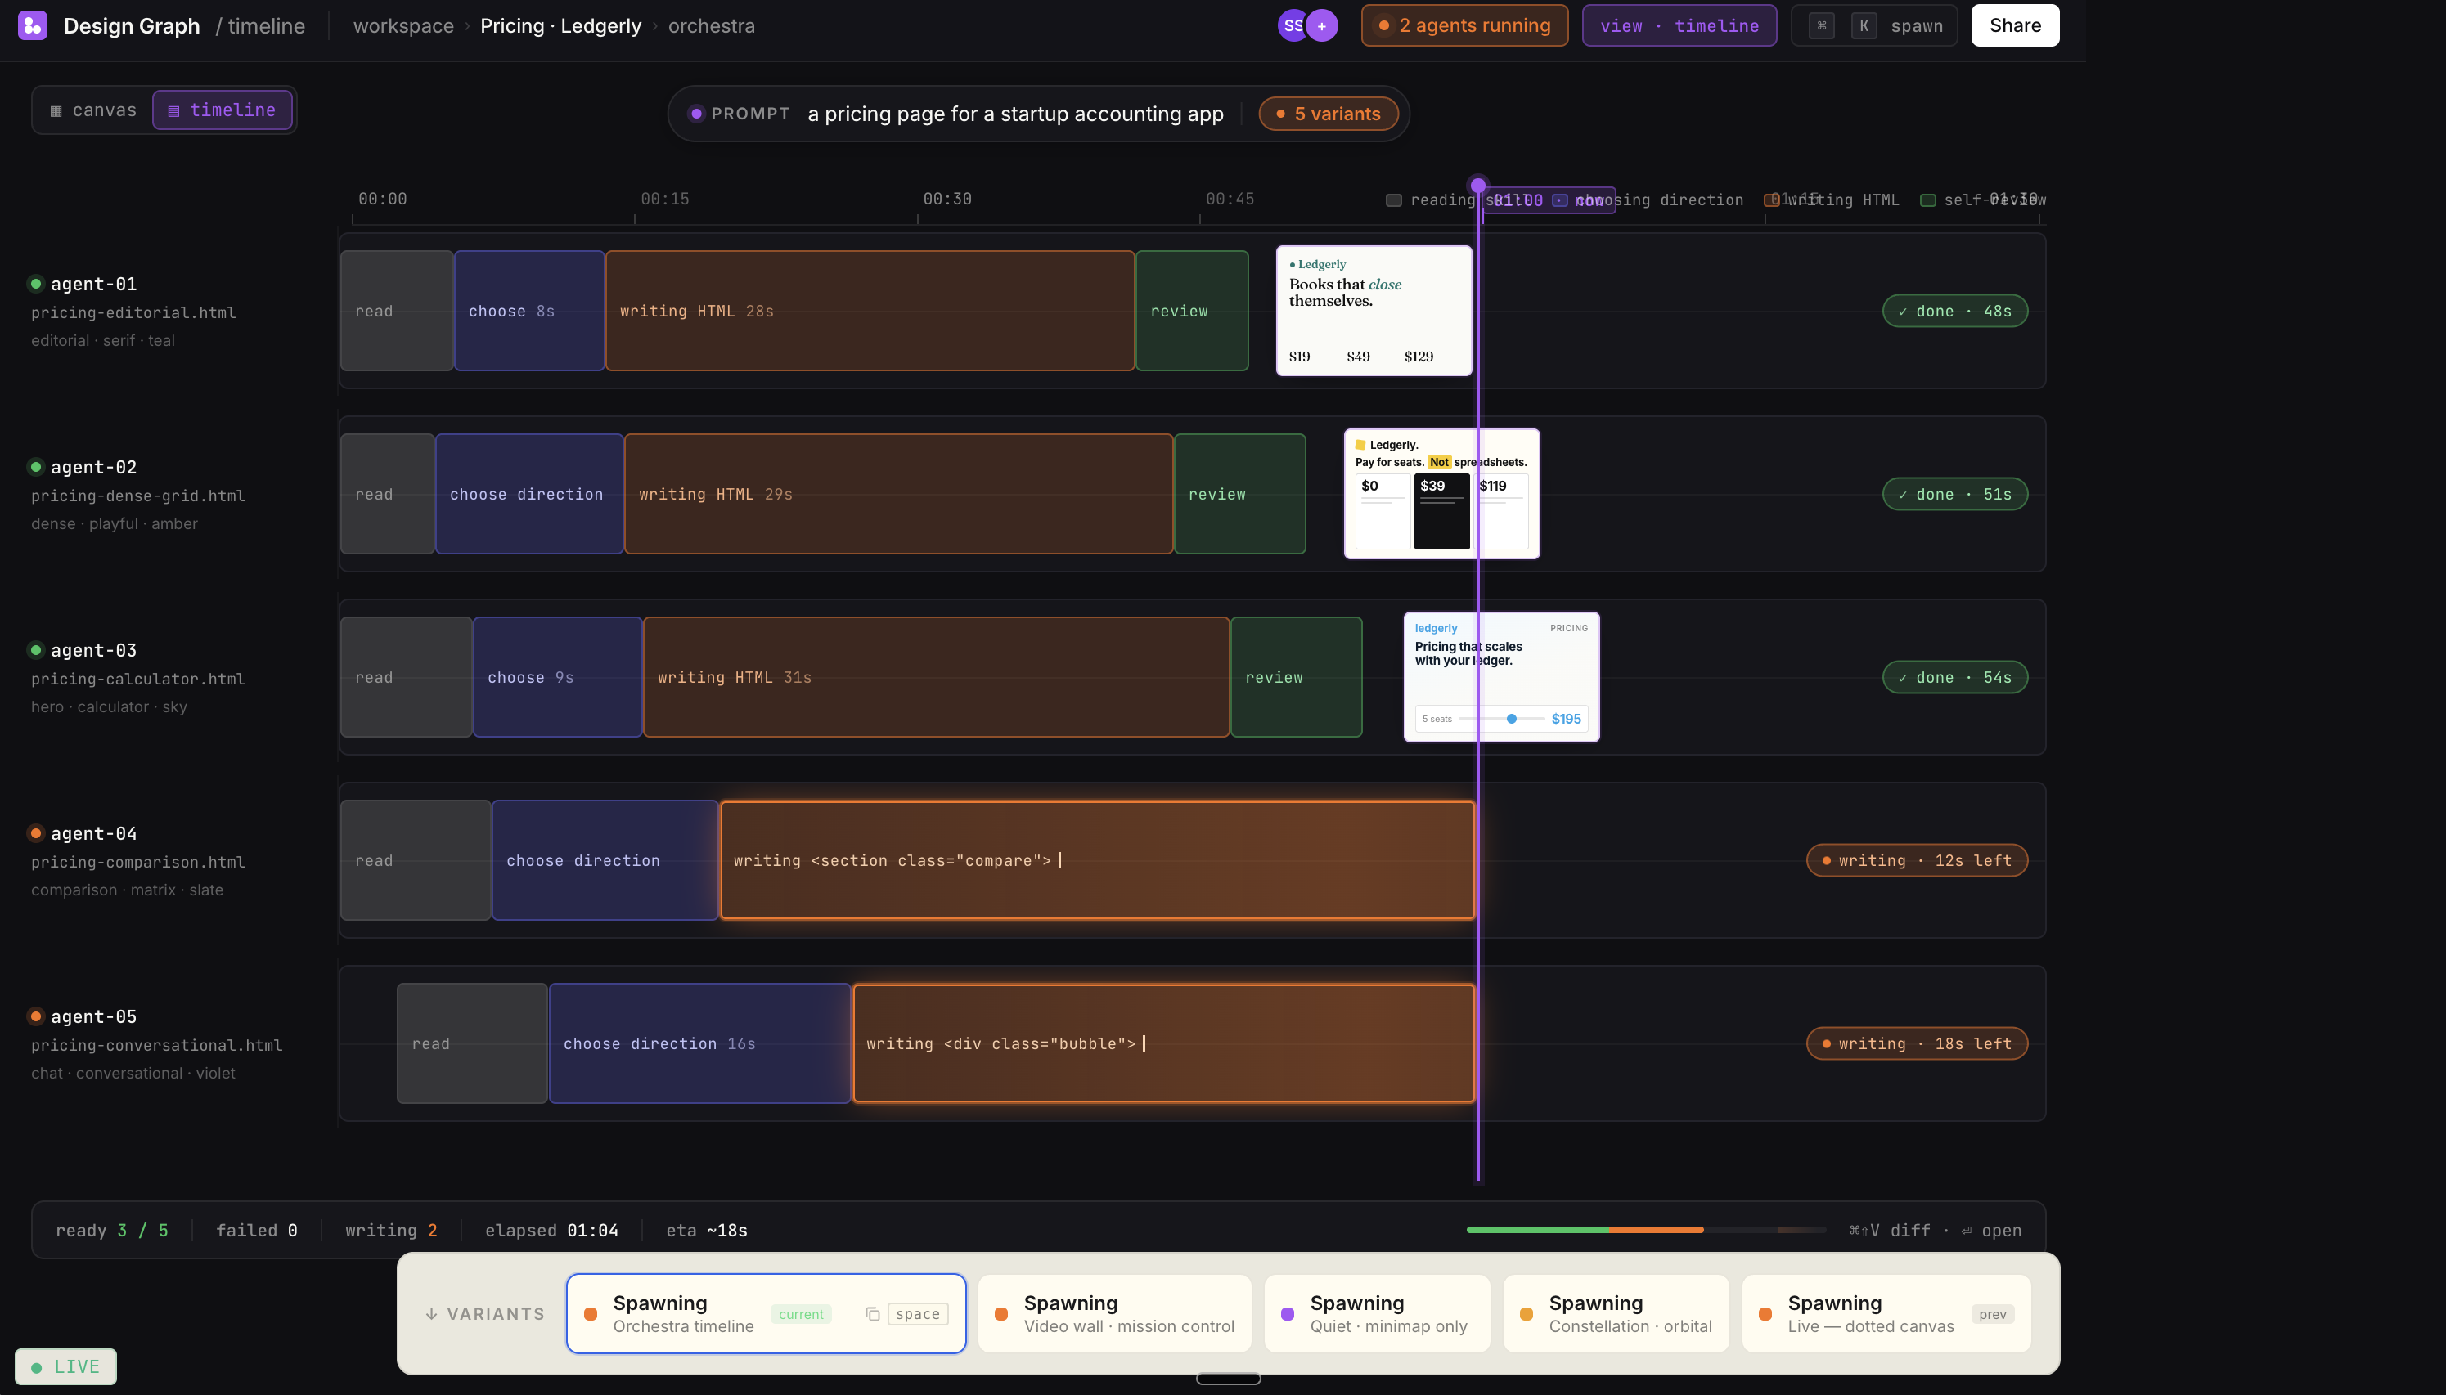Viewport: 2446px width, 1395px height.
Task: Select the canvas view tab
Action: pos(94,110)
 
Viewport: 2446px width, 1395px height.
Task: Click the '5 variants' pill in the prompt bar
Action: pos(1328,114)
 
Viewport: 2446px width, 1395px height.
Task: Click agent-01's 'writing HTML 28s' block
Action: pos(870,312)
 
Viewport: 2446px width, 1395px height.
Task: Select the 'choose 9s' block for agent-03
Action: pos(557,677)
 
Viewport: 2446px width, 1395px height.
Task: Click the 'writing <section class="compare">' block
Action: pos(1096,860)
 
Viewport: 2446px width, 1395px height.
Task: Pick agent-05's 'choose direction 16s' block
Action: pos(699,1043)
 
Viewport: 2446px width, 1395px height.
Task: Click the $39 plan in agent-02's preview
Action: pos(1441,509)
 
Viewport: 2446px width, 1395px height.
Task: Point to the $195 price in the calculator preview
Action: pos(1566,719)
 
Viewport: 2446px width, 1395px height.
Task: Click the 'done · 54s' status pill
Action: pos(1954,677)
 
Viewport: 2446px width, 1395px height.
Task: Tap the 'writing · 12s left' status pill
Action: pos(1916,860)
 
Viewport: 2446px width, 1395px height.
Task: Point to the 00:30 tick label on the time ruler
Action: pos(947,200)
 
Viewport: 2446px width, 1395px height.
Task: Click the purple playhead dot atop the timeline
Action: pos(1478,185)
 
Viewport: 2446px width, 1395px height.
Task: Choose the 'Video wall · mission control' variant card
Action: pos(1113,1313)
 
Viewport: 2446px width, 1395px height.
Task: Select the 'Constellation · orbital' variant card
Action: pos(1615,1313)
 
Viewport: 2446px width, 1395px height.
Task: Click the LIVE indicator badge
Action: pos(65,1366)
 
